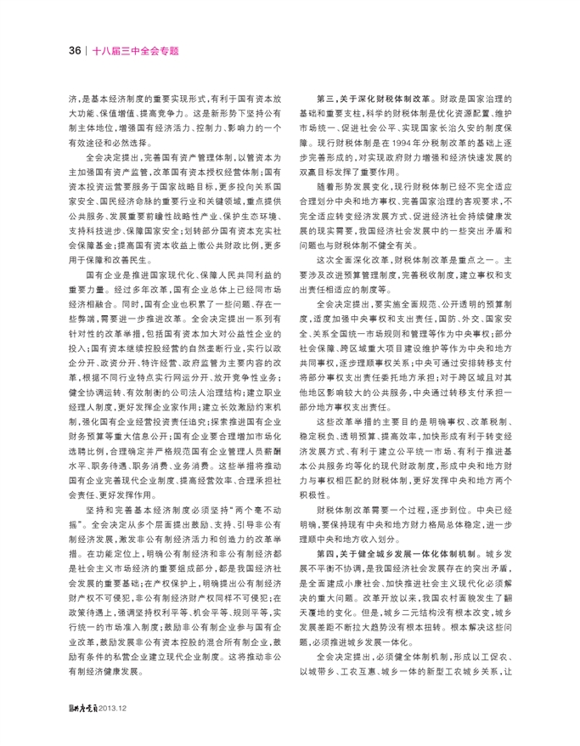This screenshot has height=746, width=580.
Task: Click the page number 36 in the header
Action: [x=74, y=48]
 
